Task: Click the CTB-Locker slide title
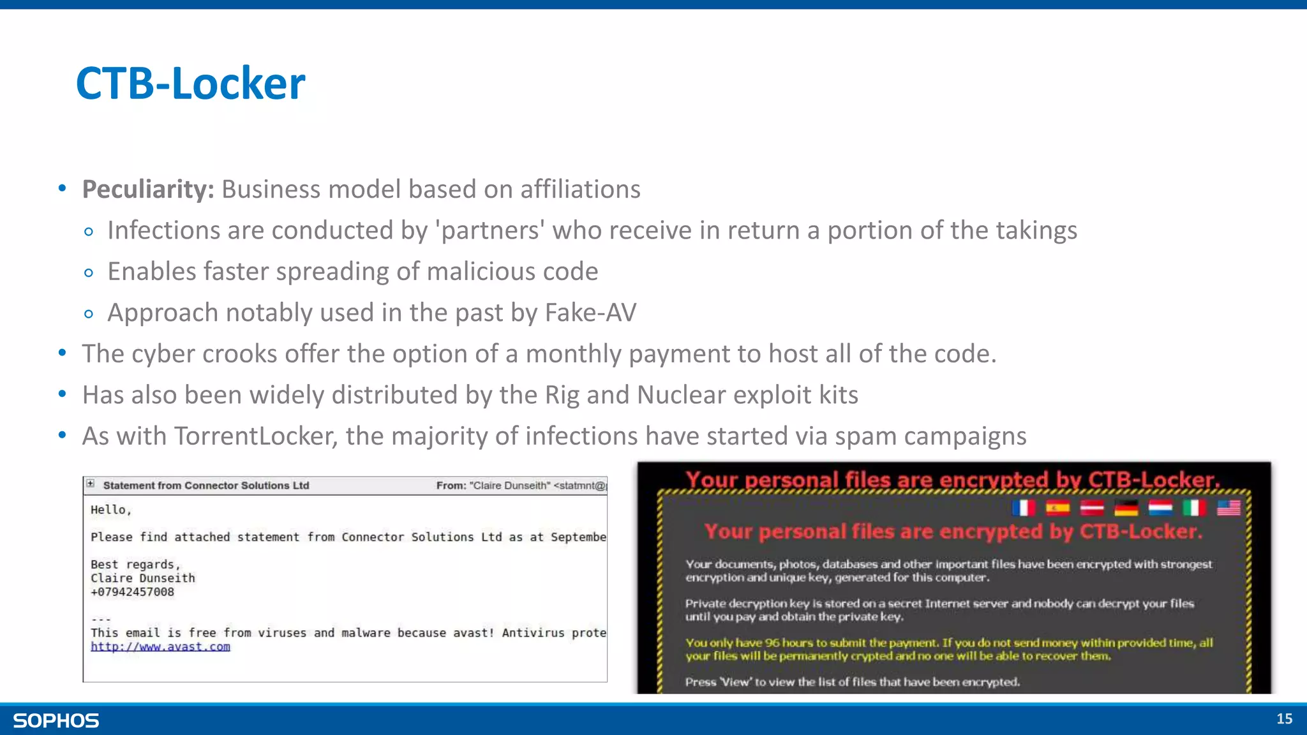190,84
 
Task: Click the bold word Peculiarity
147,189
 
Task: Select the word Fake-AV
590,313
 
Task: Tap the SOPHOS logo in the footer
56,720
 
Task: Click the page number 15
1284,719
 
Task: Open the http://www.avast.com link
160,646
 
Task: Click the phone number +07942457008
132,591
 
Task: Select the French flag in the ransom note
1024,508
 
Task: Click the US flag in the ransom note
1229,508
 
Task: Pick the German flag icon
1126,508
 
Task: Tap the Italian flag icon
1194,508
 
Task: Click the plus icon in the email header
91,484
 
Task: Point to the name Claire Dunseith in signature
142,578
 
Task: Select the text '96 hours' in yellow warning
789,643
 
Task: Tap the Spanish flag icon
1057,508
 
